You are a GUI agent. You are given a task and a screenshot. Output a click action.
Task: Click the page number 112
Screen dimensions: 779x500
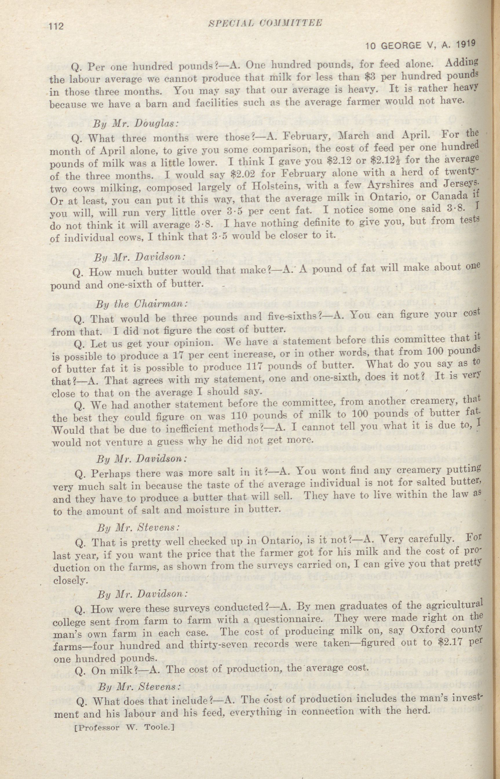click(x=56, y=26)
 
